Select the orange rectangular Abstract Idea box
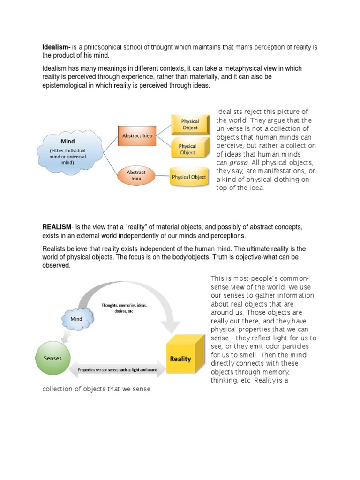(137, 136)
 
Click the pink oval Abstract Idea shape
(136, 175)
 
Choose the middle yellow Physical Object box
(187, 150)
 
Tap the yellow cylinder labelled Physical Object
(188, 177)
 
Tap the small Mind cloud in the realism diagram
(77, 319)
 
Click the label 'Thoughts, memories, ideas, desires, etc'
(124, 308)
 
